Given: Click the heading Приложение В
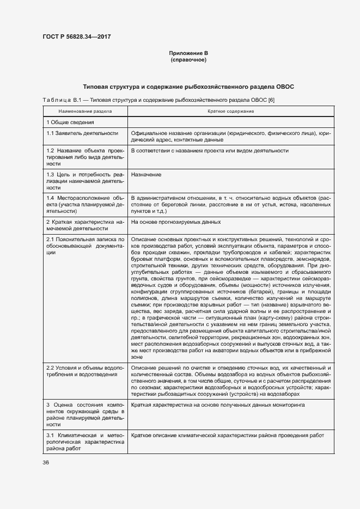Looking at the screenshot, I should pyautogui.click(x=188, y=53).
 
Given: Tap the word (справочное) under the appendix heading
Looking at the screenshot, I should pyautogui.click(x=188, y=60).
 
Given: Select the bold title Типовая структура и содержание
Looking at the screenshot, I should pyautogui.click(x=188, y=87).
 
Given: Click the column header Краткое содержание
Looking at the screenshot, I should pyautogui.click(x=230, y=111).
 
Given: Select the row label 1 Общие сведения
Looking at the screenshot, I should pyautogui.click(x=70, y=122).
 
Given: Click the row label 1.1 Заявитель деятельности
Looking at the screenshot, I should pyautogui.click(x=82, y=133).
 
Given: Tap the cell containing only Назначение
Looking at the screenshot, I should pyautogui.click(x=145, y=175).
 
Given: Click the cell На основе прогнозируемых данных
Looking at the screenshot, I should pyautogui.click(x=175, y=222).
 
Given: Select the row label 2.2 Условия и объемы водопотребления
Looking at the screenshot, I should pyautogui.click(x=86, y=375).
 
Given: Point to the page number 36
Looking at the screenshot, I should pyautogui.click(x=46, y=463).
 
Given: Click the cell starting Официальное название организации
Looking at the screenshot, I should pyautogui.click(x=230, y=136).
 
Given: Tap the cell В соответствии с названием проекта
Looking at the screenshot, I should pyautogui.click(x=209, y=151).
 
